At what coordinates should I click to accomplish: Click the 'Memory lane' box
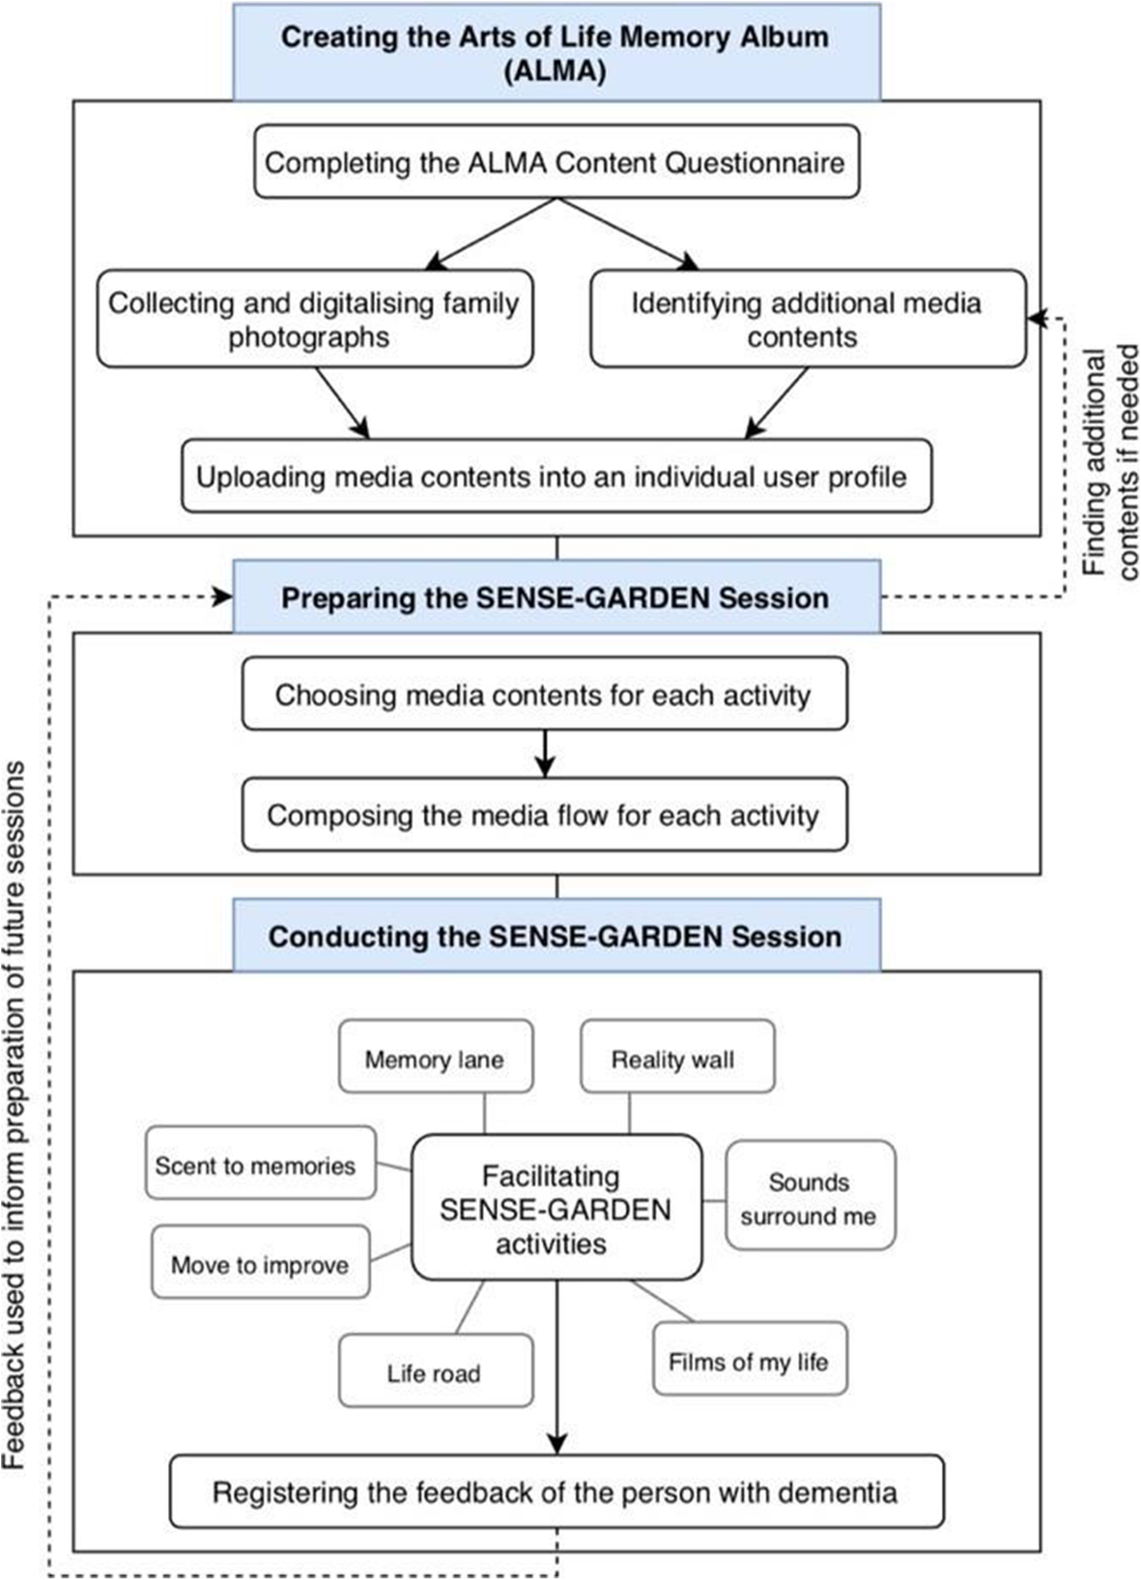(x=435, y=1059)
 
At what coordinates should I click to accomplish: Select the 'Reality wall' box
(x=676, y=1059)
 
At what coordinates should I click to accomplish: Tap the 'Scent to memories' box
(x=260, y=1165)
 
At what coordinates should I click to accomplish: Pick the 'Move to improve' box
(x=260, y=1264)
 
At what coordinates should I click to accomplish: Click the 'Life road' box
(x=435, y=1372)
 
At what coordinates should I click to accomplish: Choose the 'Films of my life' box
(x=749, y=1361)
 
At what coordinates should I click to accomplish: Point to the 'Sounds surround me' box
(x=810, y=1198)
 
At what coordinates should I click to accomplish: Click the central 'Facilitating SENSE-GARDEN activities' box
(x=556, y=1208)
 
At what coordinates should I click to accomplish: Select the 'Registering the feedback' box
(x=556, y=1492)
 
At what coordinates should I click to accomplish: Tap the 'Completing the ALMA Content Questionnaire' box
(x=556, y=162)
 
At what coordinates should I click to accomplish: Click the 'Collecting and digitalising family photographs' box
(x=314, y=320)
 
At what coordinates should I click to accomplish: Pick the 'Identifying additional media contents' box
(x=807, y=320)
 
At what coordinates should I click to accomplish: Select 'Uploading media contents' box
(x=556, y=476)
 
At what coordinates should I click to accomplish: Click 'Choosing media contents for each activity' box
(x=544, y=694)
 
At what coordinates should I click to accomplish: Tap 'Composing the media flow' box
(x=544, y=815)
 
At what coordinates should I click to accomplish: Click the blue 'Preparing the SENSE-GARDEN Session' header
(x=556, y=597)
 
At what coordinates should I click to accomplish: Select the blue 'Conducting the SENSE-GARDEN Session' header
(x=556, y=936)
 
